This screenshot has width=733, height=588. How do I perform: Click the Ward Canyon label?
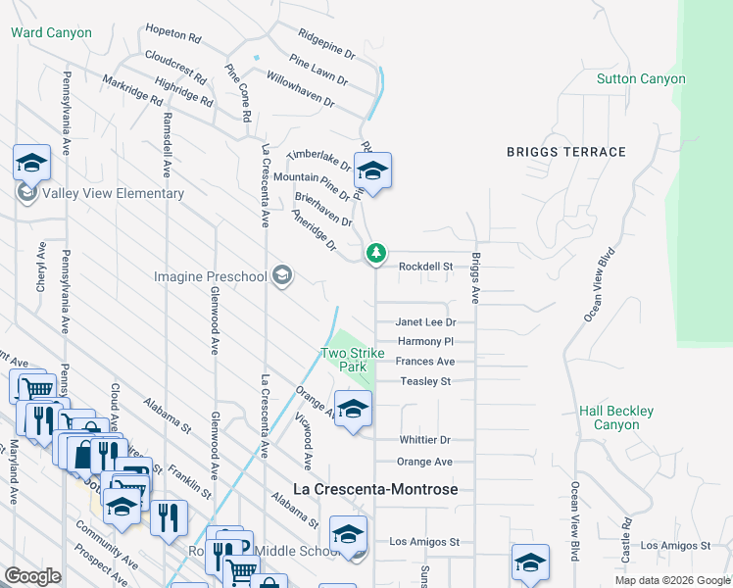pyautogui.click(x=51, y=32)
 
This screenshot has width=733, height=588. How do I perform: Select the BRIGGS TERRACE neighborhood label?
pyautogui.click(x=565, y=152)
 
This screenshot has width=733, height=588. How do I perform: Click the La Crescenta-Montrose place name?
pyautogui.click(x=377, y=488)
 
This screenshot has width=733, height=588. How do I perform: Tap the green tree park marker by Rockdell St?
pyautogui.click(x=375, y=254)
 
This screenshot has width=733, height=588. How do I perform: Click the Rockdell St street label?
pyautogui.click(x=424, y=266)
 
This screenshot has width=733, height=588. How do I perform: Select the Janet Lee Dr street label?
pyautogui.click(x=425, y=321)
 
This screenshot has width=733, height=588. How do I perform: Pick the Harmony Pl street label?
pyautogui.click(x=424, y=341)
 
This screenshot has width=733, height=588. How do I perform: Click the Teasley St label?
pyautogui.click(x=424, y=381)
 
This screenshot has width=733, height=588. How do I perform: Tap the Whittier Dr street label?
pyautogui.click(x=424, y=441)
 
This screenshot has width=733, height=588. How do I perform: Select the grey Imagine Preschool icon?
pyautogui.click(x=282, y=275)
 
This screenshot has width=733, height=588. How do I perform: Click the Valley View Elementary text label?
pyautogui.click(x=114, y=193)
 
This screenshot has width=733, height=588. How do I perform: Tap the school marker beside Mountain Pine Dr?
pyautogui.click(x=372, y=171)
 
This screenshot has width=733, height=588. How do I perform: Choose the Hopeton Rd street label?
pyautogui.click(x=172, y=33)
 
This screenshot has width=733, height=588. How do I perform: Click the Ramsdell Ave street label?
pyautogui.click(x=167, y=143)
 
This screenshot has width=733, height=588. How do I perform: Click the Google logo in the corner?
pyautogui.click(x=32, y=576)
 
